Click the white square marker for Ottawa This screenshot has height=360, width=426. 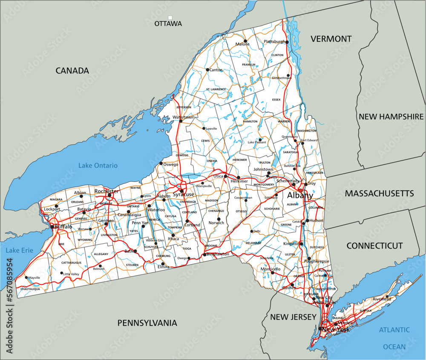(x=170, y=18)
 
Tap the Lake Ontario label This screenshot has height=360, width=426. (x=98, y=165)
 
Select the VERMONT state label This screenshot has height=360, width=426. (x=331, y=39)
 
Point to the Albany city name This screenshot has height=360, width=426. (x=299, y=196)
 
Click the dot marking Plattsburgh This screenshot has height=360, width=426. (x=287, y=42)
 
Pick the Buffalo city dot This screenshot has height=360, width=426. (x=52, y=227)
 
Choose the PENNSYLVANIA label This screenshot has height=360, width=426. (x=147, y=323)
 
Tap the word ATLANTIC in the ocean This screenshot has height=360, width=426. (x=394, y=330)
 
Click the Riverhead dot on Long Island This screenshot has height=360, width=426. (x=388, y=297)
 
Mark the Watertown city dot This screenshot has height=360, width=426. (x=181, y=121)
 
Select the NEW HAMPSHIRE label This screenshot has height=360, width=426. (x=391, y=117)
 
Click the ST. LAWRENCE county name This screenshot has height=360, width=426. (x=216, y=89)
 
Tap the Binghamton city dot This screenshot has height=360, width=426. (x=204, y=254)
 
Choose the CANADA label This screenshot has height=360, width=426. (x=72, y=71)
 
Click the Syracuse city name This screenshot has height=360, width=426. (x=184, y=194)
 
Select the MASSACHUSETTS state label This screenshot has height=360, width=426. (x=379, y=194)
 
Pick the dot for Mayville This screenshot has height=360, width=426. (x=26, y=278)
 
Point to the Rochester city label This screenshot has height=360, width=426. (x=106, y=191)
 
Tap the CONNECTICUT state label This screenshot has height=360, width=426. (x=374, y=246)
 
